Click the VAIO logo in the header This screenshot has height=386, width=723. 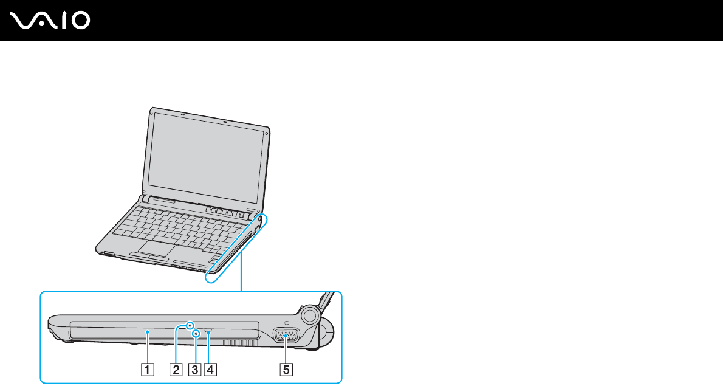point(50,20)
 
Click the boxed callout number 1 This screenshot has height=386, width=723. point(148,368)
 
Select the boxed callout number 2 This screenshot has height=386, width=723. point(176,368)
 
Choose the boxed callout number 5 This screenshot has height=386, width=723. point(285,368)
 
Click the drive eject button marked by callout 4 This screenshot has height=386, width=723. point(208,332)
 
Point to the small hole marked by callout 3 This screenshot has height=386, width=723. point(196,334)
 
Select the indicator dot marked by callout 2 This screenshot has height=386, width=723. point(191,326)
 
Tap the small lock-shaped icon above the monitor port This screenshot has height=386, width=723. point(286,322)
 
